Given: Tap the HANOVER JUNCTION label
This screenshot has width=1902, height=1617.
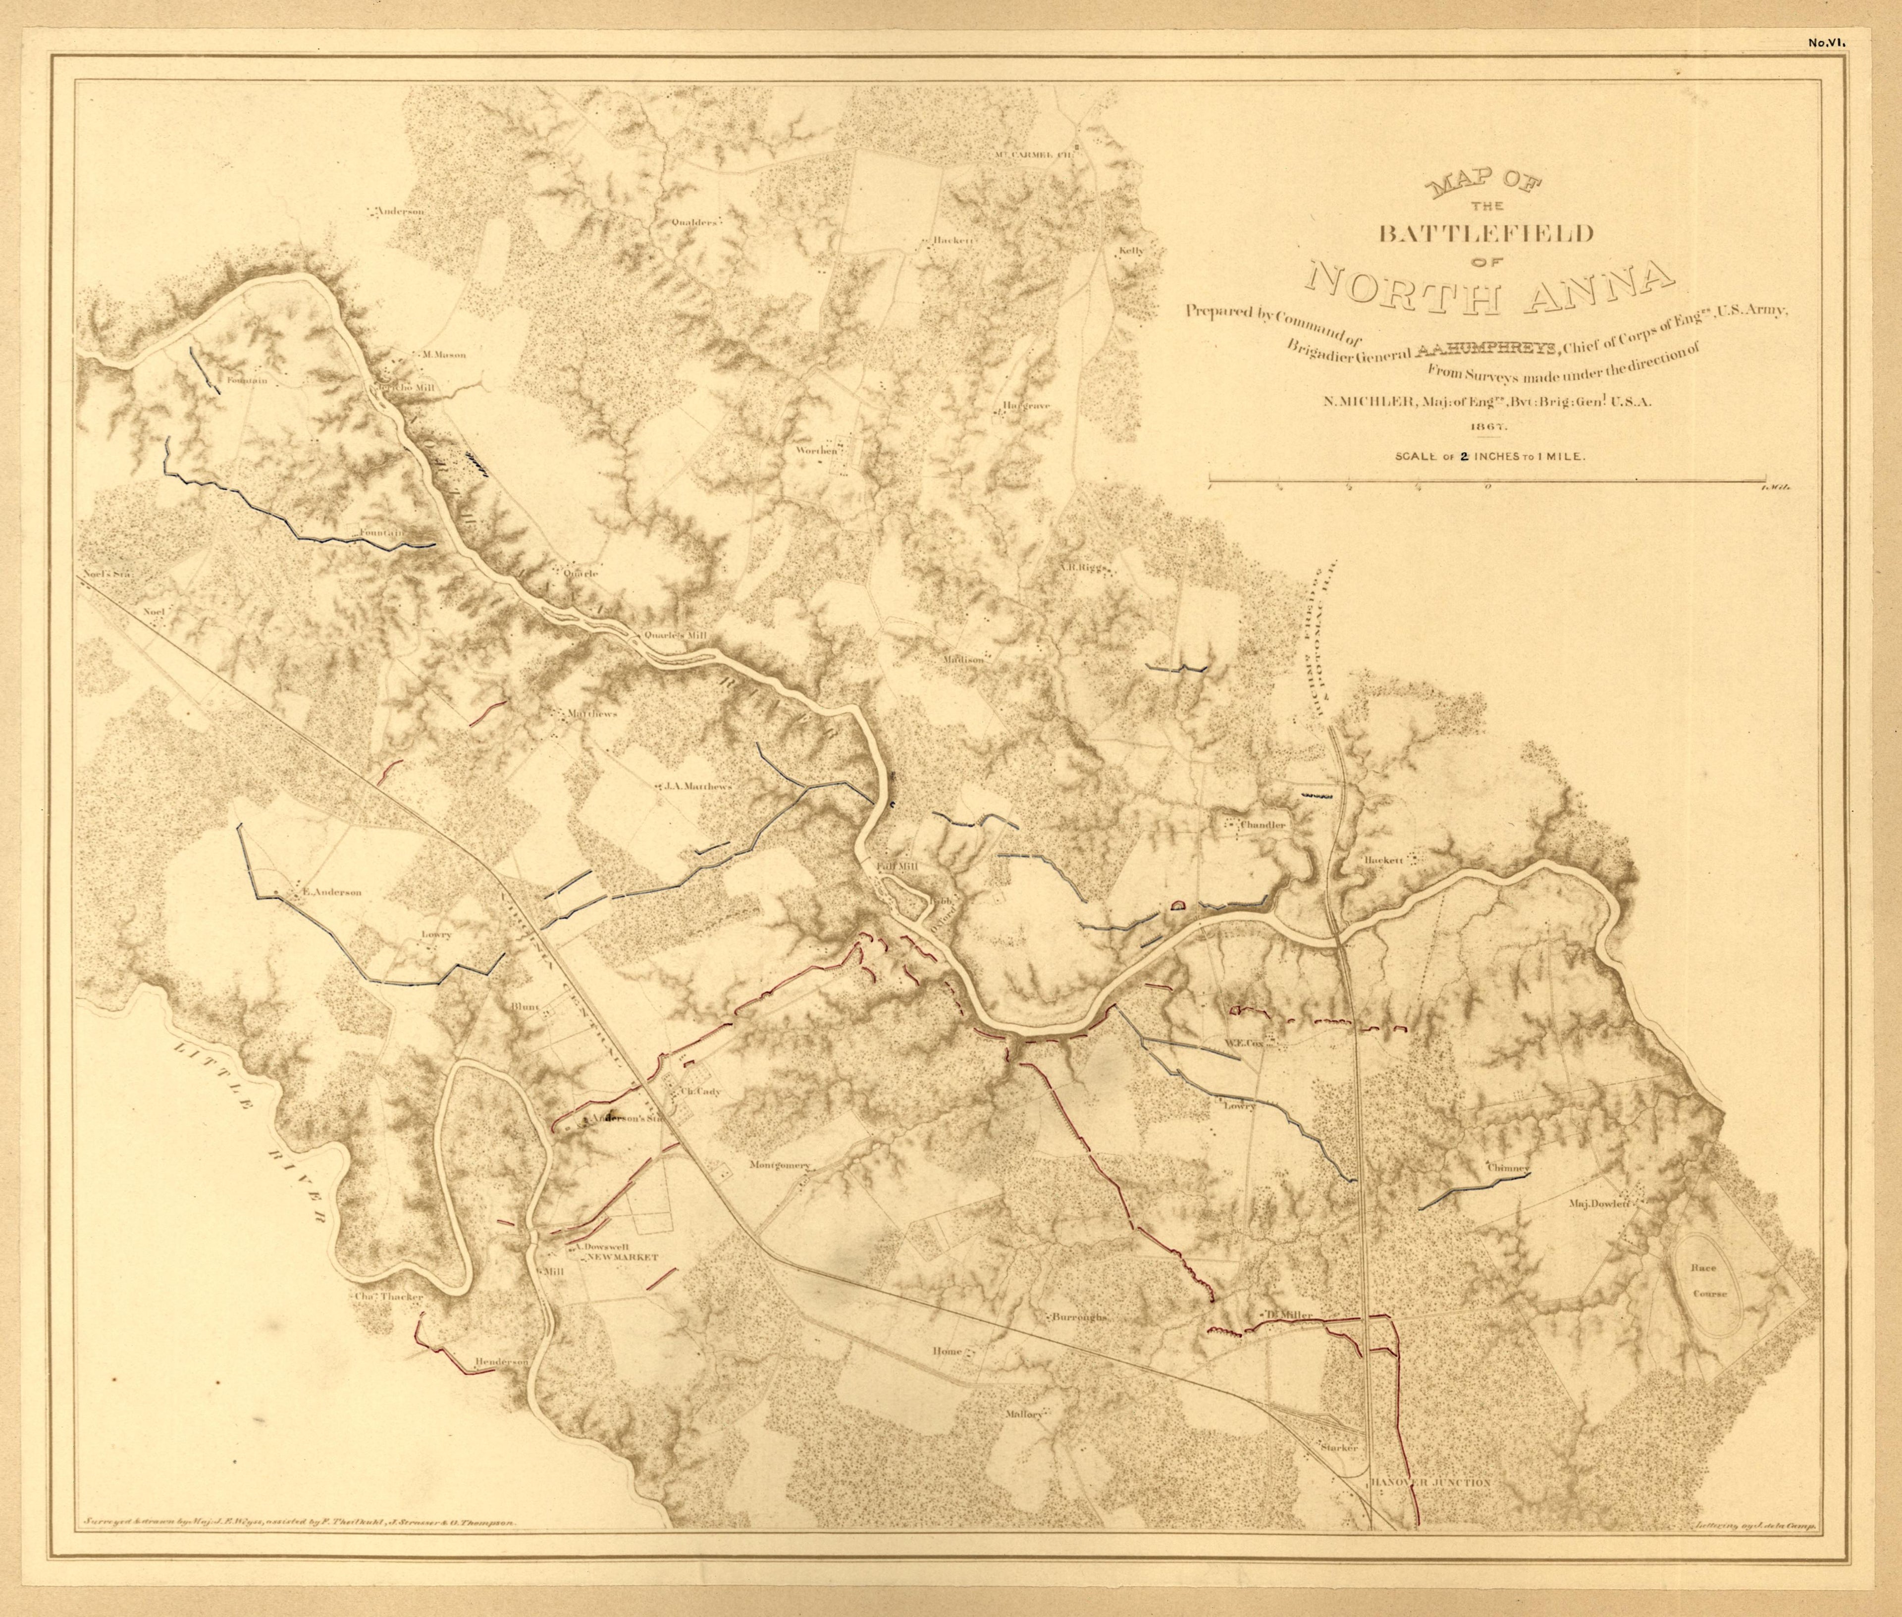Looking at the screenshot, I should tap(1431, 1507).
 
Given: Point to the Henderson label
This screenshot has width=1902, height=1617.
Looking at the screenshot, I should tap(501, 1362).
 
